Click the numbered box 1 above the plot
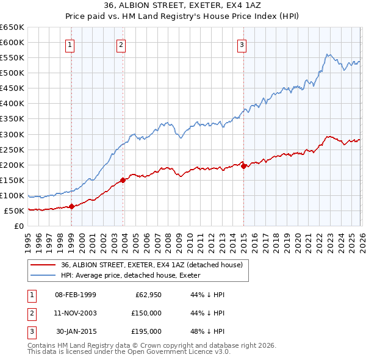[71, 44]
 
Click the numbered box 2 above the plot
[121, 44]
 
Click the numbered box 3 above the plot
[242, 44]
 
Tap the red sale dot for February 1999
[71, 206]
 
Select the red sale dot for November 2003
[123, 180]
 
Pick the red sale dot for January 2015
[243, 166]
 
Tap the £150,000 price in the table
[146, 313]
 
